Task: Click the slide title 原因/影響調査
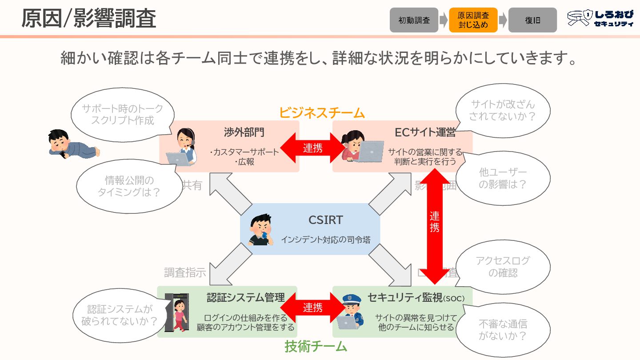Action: point(89,20)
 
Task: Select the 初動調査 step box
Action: point(414,20)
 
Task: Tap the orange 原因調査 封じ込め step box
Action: point(473,20)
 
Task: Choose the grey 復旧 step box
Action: point(532,20)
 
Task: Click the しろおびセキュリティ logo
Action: point(600,19)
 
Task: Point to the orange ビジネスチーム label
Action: point(322,112)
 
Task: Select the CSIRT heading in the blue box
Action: point(326,220)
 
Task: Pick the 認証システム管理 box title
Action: point(246,298)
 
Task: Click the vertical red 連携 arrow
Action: point(434,222)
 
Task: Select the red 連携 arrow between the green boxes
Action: point(313,308)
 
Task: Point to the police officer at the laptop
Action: point(351,312)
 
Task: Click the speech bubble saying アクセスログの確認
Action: point(503,267)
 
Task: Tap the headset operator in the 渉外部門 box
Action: point(183,147)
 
